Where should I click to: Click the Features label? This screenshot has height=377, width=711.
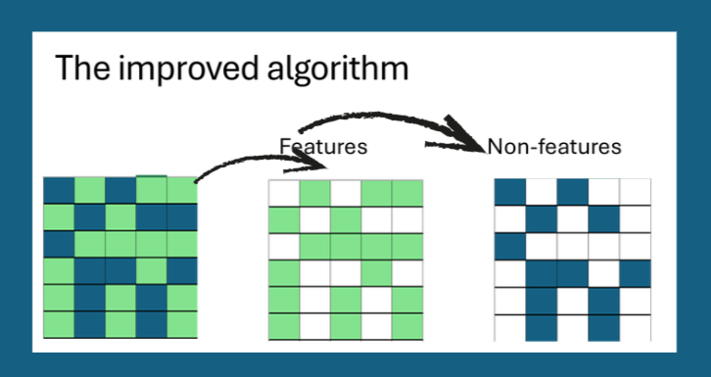point(323,147)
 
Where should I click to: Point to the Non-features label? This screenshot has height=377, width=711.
point(554,147)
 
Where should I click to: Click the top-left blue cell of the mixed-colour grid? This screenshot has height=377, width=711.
point(58,189)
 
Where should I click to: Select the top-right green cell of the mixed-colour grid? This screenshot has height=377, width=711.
point(182,189)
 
